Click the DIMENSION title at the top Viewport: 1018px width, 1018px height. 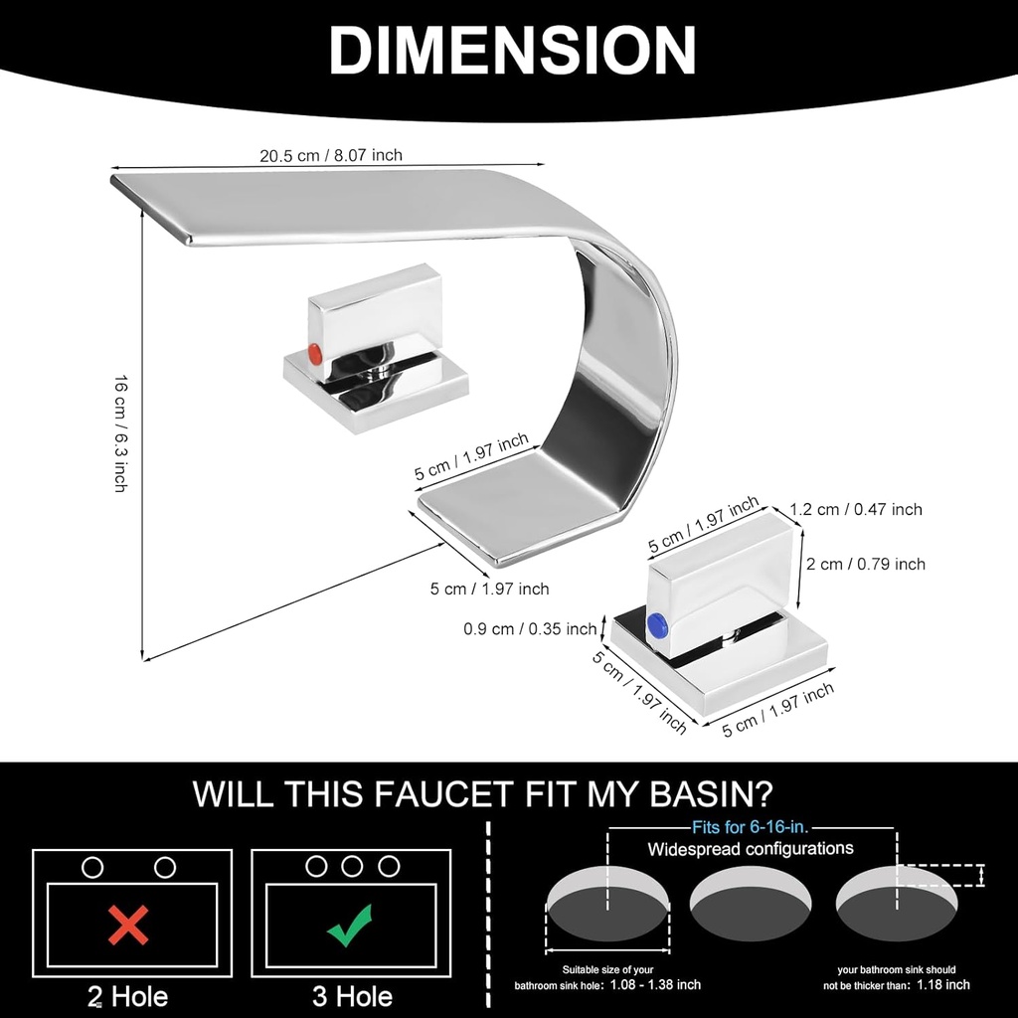tap(512, 51)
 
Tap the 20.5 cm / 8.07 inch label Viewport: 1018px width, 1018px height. tap(331, 156)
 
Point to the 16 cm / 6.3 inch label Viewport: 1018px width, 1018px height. tap(120, 433)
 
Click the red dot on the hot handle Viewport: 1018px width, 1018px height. tap(314, 354)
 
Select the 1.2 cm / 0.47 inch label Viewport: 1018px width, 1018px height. tap(856, 510)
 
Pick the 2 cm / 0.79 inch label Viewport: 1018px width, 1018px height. tap(866, 565)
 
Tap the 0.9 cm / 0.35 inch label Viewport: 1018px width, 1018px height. tap(530, 628)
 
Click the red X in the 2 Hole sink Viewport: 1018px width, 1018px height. tap(128, 926)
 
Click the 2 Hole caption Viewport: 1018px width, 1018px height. tap(128, 996)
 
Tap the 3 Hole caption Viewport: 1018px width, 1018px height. tap(352, 996)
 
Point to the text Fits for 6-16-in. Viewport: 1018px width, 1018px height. tap(751, 827)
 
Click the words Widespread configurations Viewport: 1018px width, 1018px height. tap(751, 849)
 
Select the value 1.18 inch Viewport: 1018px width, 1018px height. tap(943, 985)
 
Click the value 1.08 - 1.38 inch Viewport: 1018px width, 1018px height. tap(656, 985)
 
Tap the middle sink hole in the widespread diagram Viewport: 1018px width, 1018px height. tap(751, 904)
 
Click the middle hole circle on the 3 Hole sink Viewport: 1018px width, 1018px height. tap(352, 866)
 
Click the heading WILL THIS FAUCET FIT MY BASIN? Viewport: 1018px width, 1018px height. tap(483, 793)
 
